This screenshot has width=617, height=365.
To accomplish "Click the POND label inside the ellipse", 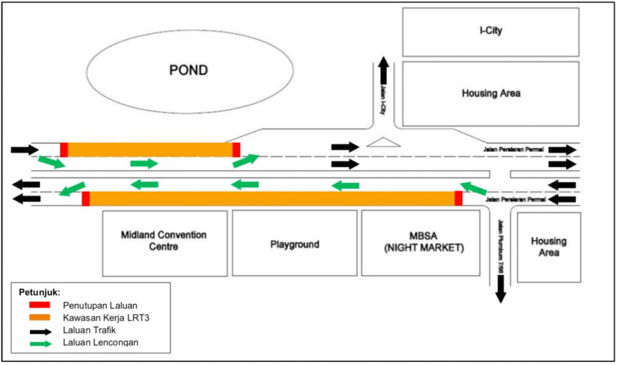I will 188,71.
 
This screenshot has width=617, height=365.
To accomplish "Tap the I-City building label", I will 490,31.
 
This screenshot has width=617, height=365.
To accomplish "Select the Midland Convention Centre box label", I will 163,240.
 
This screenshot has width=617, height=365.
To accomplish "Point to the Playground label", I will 295,244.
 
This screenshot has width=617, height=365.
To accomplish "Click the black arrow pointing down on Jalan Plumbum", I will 500,293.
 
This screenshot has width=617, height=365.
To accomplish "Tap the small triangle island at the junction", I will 384,142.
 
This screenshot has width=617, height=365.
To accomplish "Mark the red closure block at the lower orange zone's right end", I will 459,198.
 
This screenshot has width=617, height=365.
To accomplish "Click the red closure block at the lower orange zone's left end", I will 86,198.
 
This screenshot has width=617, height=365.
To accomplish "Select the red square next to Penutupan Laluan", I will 39,305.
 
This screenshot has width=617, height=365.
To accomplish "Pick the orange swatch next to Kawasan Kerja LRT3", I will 39,318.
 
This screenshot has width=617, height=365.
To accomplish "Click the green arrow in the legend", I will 39,343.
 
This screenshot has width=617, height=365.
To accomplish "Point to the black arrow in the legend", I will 39,331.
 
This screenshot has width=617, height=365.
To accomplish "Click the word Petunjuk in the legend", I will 36,292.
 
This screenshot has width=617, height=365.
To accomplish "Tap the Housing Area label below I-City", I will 490,94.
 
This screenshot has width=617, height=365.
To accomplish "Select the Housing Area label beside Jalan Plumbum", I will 548,247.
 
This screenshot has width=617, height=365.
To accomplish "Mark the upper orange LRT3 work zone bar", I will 150,150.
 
